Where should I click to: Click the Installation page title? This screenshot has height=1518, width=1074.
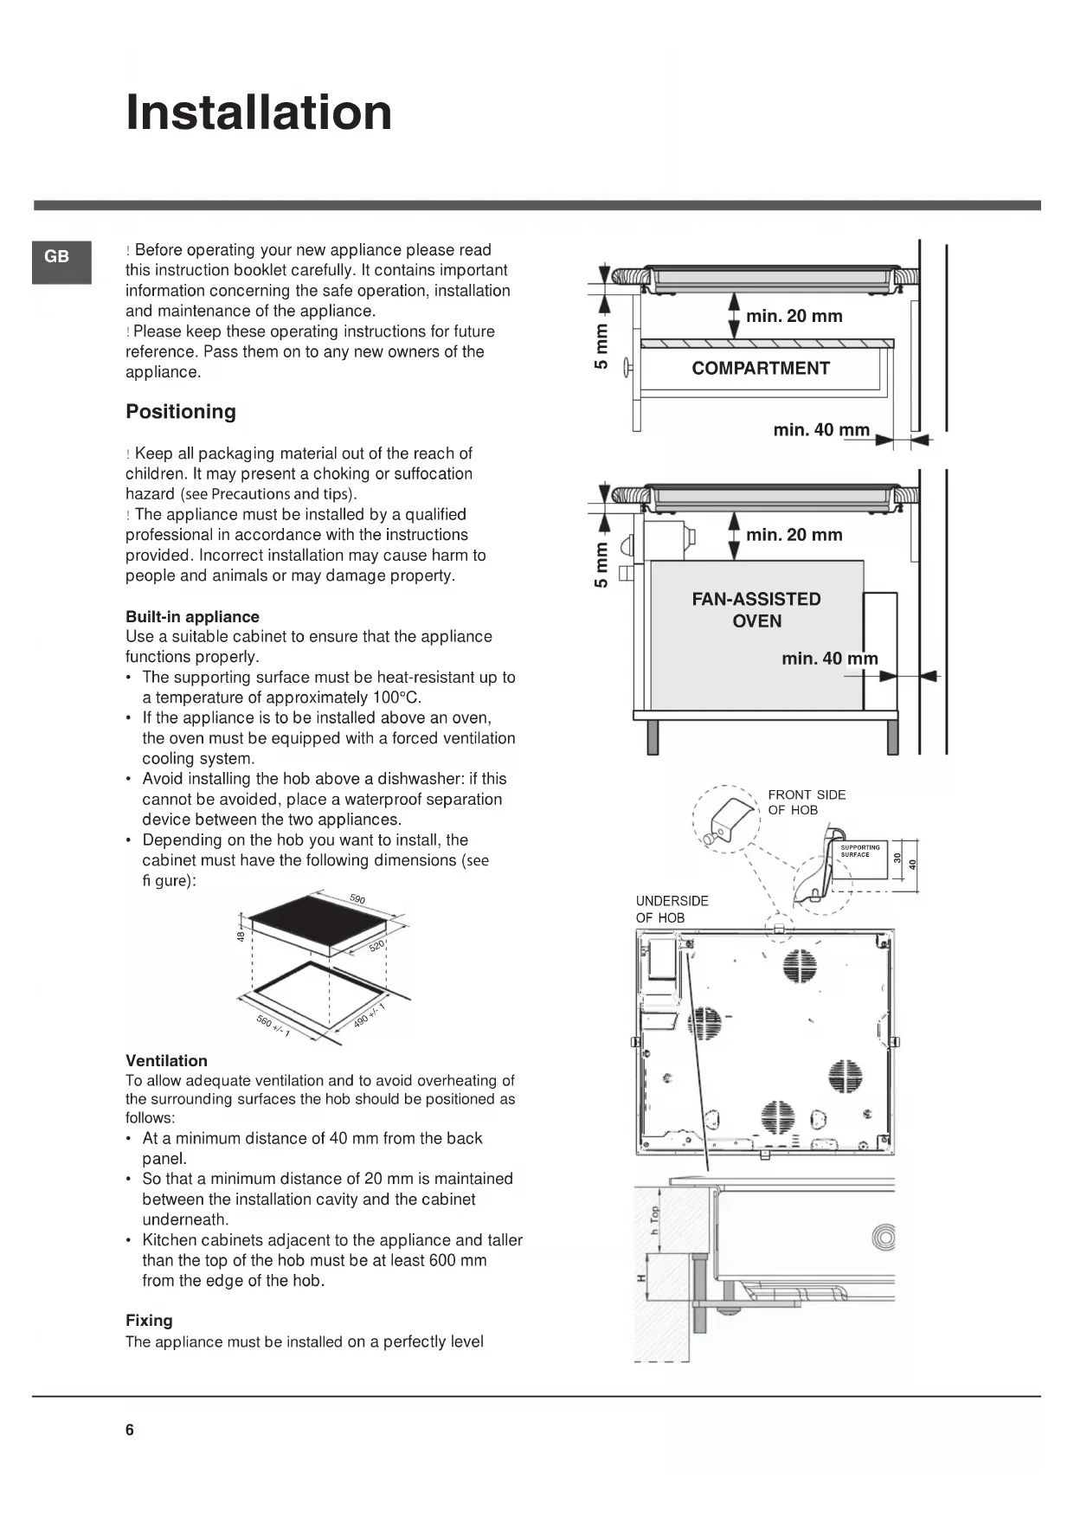[259, 113]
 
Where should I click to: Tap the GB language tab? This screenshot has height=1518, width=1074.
[57, 256]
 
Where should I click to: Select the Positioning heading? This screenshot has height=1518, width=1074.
[181, 411]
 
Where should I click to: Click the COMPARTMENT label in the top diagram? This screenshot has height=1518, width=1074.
[760, 368]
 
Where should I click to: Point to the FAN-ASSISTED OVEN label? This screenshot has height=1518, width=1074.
[756, 609]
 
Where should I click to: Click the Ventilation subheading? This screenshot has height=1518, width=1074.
[166, 1060]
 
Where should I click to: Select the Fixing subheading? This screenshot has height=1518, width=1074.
[149, 1320]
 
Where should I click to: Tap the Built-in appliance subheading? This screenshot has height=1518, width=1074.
[192, 616]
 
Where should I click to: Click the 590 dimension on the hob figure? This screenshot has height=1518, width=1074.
[357, 898]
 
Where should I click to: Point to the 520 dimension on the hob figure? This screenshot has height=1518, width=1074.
[376, 945]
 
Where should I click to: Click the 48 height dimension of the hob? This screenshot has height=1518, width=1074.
[241, 936]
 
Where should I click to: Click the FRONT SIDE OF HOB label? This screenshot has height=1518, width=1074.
[806, 802]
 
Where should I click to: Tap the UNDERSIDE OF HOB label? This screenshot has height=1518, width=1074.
[672, 909]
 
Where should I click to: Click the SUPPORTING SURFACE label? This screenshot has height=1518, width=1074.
[859, 851]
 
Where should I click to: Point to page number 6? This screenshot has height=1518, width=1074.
[130, 1430]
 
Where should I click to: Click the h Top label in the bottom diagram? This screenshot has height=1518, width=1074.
[655, 1219]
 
